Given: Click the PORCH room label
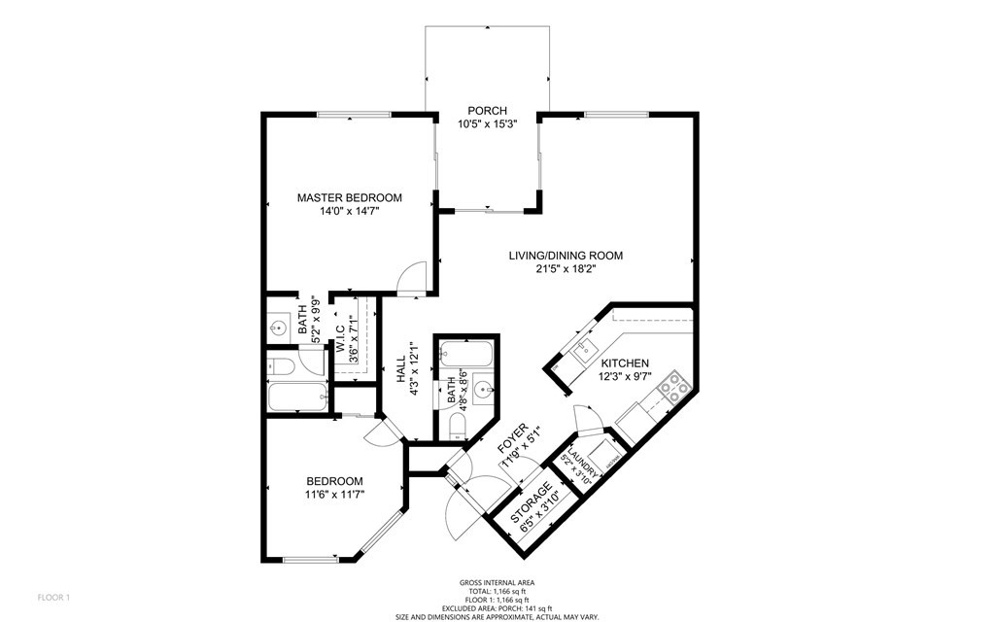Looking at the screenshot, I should pos(487,111).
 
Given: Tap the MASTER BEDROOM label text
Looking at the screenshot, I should pos(349,197).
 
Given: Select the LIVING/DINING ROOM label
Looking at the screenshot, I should pos(566,256).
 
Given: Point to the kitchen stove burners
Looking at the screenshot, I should pos(669,393).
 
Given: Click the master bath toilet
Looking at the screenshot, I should pos(281,366).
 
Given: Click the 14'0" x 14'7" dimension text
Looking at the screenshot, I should pos(349,211).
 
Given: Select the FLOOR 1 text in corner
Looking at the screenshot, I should pos(53,597).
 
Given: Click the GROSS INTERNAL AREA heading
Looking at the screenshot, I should pos(497,582).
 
